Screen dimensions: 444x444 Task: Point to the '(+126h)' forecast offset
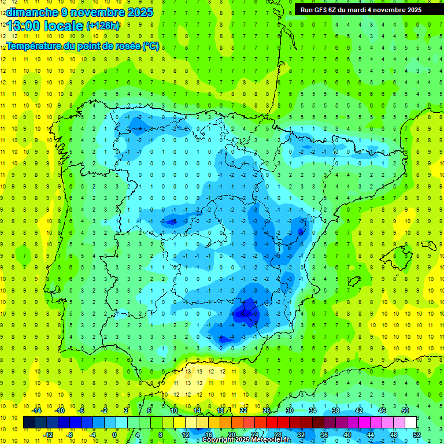(x=103, y=26)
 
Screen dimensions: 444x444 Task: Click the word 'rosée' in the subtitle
(x=123, y=46)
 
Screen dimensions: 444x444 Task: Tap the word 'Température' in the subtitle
(x=34, y=46)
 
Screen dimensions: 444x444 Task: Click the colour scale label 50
(x=405, y=410)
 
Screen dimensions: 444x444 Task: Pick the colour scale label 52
(x=417, y=434)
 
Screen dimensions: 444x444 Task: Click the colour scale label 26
(x=267, y=410)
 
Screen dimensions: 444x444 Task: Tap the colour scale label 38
(x=336, y=410)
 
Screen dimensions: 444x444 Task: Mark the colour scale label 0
(x=114, y=434)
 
